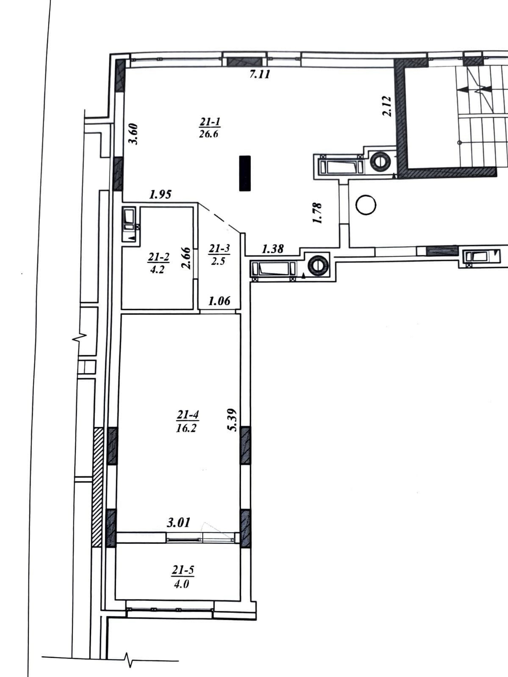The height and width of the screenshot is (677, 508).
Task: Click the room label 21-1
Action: click(210, 122)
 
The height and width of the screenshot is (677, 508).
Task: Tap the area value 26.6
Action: click(209, 134)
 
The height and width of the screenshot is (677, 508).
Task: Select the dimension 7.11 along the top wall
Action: click(260, 74)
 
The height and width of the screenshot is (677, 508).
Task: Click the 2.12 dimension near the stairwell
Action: click(387, 106)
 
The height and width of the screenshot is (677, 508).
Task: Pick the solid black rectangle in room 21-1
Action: click(245, 173)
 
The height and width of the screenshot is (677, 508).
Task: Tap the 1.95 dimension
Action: click(160, 195)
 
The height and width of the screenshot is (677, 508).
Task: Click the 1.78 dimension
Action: click(317, 213)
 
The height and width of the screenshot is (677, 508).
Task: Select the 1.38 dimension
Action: click(273, 249)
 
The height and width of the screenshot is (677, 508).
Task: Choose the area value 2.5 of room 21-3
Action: click(218, 261)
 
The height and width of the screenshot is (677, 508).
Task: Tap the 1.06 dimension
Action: click(219, 301)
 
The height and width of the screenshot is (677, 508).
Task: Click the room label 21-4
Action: click(188, 415)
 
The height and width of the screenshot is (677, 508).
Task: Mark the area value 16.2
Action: click(186, 428)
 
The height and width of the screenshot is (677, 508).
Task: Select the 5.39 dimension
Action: click(232, 420)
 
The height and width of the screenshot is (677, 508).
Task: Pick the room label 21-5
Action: click(183, 570)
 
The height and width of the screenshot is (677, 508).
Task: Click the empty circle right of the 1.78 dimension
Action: click(366, 205)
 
